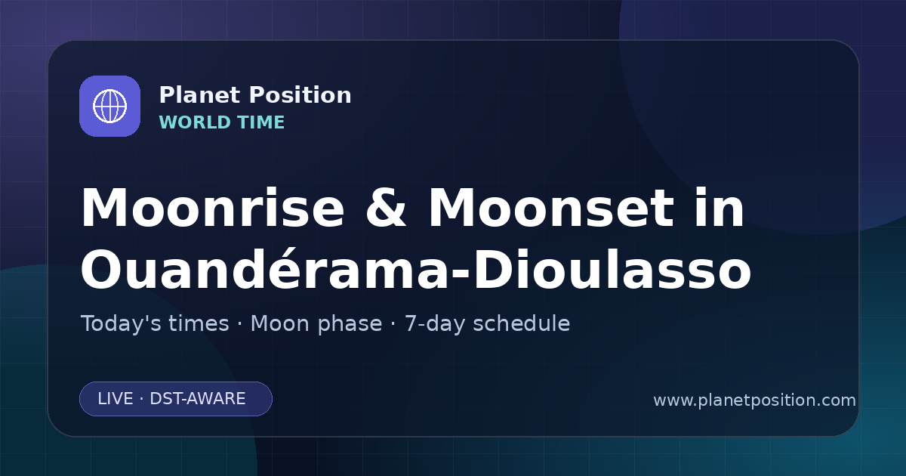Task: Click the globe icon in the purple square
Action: tap(109, 106)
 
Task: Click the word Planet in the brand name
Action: tap(200, 95)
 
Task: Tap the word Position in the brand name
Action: tap(300, 95)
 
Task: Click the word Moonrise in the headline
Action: tap(212, 208)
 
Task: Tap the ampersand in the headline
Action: tap(386, 208)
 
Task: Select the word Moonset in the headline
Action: tap(551, 208)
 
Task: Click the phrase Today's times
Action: tap(155, 324)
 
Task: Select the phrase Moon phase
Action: tap(316, 324)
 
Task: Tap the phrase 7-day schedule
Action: tap(488, 324)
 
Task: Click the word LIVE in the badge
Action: tap(116, 399)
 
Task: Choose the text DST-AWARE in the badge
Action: tap(198, 399)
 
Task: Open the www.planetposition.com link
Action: tap(755, 400)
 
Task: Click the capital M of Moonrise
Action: tap(106, 208)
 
